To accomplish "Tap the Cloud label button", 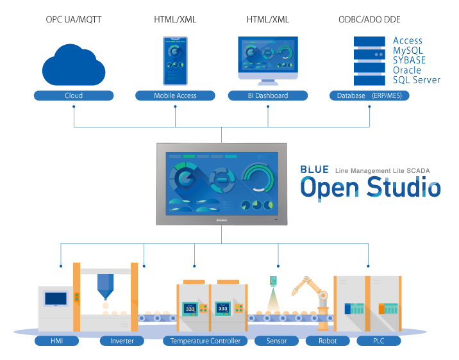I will (x=74, y=95).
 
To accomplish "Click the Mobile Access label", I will (x=175, y=95).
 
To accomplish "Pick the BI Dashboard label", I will (x=267, y=95).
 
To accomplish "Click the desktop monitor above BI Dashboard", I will (x=267, y=60).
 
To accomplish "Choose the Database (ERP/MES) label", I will (x=369, y=95).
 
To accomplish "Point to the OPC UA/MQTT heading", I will (x=73, y=19).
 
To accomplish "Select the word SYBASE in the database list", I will (x=409, y=60).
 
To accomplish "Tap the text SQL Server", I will (x=416, y=80).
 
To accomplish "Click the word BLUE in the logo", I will (x=315, y=170).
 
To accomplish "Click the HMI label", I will (x=56, y=341).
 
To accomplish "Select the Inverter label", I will (x=122, y=341).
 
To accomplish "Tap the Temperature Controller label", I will (x=205, y=341).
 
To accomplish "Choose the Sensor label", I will (x=276, y=341).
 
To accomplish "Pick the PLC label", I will (x=378, y=341).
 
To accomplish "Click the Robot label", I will (x=328, y=341).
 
